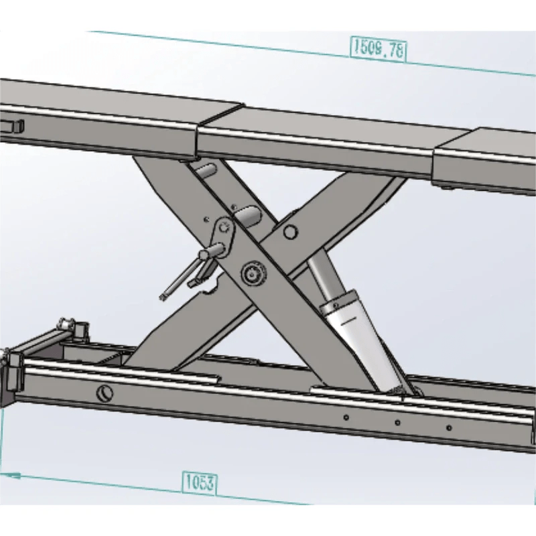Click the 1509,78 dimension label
pos(378,48)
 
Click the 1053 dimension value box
pos(199,482)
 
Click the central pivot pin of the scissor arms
pos(253,273)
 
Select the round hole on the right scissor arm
pos(290,232)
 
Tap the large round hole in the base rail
pos(105,393)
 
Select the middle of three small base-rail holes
pos(397,423)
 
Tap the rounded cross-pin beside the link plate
pos(249,217)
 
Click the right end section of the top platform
pos(486,161)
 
